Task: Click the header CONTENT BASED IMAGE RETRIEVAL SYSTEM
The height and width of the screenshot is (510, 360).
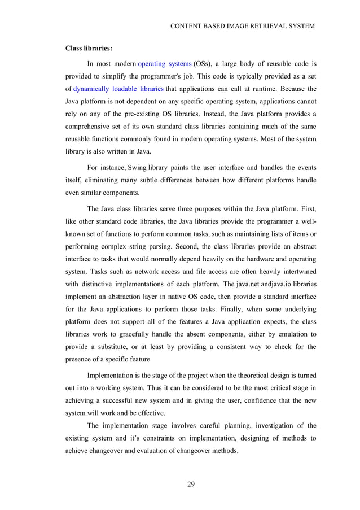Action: click(242, 27)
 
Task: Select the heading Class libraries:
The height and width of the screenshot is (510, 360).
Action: click(87, 49)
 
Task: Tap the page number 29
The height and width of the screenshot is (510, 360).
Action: click(191, 483)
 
